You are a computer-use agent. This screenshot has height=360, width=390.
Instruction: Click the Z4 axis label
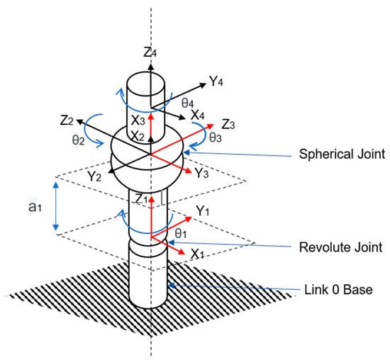point(150,52)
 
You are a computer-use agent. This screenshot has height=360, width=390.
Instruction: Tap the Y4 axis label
point(216,81)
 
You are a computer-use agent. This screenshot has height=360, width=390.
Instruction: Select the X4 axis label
point(198,116)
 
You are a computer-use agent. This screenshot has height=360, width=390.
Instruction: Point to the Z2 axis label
point(67,120)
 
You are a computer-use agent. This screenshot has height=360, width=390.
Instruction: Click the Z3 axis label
point(228,124)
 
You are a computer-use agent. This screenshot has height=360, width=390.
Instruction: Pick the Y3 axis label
point(201,173)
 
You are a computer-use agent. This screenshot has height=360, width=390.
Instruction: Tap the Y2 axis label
point(94,176)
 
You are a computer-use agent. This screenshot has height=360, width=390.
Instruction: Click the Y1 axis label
point(203,210)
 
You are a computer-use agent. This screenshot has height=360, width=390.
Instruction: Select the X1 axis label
point(198,254)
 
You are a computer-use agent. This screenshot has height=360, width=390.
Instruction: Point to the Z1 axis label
point(141,198)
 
